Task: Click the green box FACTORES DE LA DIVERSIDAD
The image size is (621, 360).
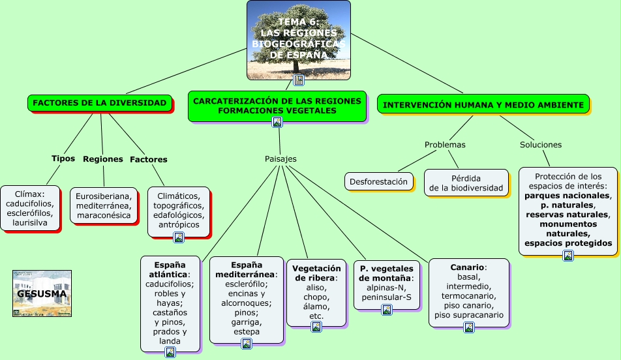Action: [100, 103]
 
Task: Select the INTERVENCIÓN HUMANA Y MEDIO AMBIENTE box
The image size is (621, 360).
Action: [483, 104]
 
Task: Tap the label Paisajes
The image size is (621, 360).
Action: [280, 158]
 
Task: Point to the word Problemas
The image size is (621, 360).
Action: [445, 144]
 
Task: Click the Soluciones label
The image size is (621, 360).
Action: [540, 144]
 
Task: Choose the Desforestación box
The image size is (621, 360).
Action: [378, 181]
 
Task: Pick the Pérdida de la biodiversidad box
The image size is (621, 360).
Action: [466, 183]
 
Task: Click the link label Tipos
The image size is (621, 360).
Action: [63, 158]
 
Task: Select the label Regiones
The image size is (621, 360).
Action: [103, 158]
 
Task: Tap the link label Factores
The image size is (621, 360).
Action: [149, 159]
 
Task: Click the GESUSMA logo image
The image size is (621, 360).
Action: [42, 293]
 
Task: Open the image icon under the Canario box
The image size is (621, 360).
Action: [468, 327]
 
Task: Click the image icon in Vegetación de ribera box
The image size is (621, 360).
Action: [316, 327]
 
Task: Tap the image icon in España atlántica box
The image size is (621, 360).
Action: [170, 352]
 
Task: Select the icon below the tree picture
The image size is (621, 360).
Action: [299, 80]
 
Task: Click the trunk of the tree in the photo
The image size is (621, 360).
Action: [297, 65]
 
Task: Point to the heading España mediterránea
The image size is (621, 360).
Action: [247, 269]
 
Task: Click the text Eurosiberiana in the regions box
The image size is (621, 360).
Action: [103, 196]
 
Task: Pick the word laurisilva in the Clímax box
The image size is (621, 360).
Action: [30, 223]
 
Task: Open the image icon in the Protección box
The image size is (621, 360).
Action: [568, 256]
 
